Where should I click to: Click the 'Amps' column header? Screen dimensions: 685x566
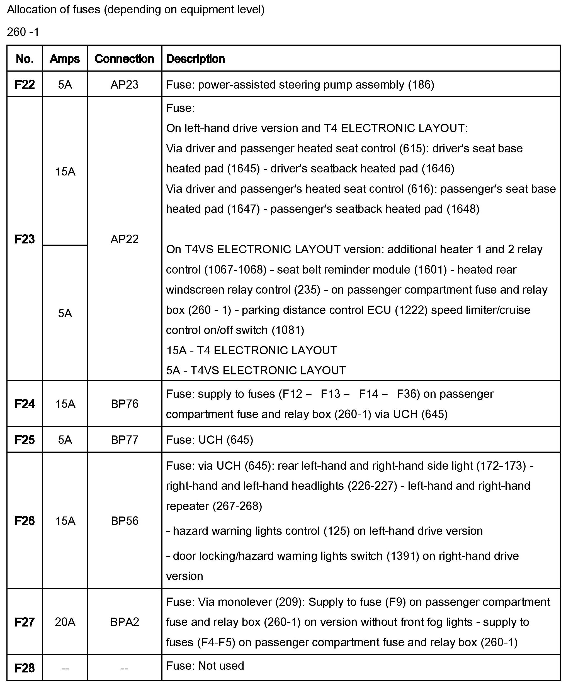[65, 59]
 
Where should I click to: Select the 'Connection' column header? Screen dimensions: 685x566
[124, 59]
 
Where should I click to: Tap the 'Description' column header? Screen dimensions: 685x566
[195, 59]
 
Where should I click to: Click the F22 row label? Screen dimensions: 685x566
[25, 85]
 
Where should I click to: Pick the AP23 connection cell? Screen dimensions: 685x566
[124, 85]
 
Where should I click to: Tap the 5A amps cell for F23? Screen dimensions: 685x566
[65, 313]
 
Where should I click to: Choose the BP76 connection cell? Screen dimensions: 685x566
[124, 404]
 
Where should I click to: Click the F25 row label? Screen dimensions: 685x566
[25, 440]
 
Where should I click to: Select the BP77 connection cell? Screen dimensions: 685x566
[124, 440]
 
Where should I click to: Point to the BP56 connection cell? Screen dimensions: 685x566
[124, 521]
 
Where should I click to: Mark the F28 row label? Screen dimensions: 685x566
[25, 668]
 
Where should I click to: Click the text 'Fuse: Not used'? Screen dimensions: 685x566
[205, 666]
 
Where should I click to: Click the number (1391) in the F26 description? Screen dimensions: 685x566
[403, 556]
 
